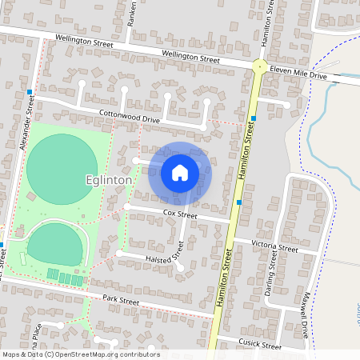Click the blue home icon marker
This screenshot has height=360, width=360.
180,172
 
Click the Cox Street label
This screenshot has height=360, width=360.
179,214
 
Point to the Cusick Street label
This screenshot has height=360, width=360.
261,346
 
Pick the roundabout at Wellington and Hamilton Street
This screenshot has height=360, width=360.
259,66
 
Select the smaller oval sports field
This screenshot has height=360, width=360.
54,244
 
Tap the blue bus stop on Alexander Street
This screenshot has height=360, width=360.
30,92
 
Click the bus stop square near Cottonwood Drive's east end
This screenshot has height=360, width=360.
253,119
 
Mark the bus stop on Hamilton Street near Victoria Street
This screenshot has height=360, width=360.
239,202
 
